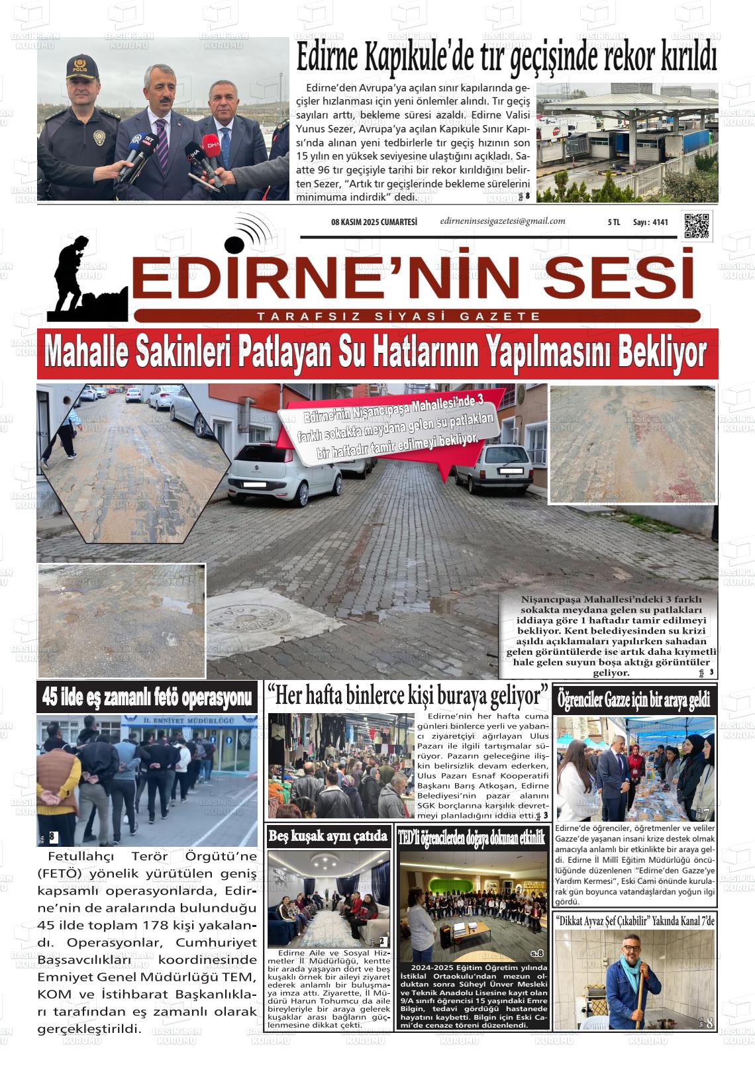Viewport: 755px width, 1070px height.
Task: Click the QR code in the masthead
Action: (x=697, y=225)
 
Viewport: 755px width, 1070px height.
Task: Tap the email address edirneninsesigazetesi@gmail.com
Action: (x=503, y=221)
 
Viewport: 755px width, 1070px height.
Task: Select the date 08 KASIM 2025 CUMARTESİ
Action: (x=374, y=222)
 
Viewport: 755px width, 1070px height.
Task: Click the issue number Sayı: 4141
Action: (x=650, y=222)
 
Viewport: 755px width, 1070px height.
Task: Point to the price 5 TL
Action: (x=613, y=222)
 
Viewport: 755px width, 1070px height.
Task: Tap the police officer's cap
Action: (x=81, y=67)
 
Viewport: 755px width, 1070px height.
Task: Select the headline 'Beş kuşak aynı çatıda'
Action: (x=328, y=836)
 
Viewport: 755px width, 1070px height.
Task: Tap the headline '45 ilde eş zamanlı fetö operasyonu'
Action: (x=147, y=697)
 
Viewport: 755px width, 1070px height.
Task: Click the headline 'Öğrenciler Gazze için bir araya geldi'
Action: (x=634, y=699)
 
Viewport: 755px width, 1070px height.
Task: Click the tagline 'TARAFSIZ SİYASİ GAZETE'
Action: (x=399, y=316)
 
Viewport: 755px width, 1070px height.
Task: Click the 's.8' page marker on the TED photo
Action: (x=536, y=953)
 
